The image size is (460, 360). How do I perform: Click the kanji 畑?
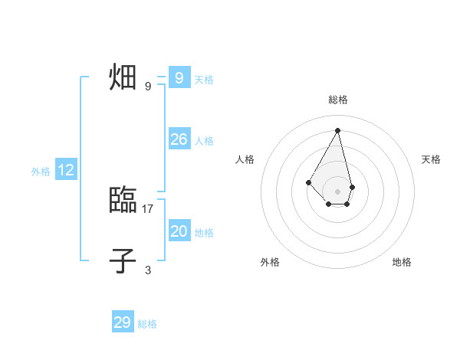(x=123, y=78)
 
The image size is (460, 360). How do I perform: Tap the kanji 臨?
(x=123, y=201)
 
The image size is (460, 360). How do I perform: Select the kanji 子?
(x=123, y=261)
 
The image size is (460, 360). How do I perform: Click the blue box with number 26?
(x=179, y=139)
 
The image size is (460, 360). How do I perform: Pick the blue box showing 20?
(x=179, y=231)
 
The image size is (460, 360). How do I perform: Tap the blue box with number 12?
(x=66, y=170)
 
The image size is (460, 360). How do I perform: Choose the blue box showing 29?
(x=123, y=322)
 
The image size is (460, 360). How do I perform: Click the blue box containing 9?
(x=179, y=78)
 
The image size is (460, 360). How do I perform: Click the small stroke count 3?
(x=148, y=270)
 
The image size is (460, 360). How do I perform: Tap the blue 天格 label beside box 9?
(x=204, y=80)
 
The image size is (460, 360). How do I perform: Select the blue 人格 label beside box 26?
(x=204, y=141)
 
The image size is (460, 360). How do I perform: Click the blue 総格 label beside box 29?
(x=147, y=324)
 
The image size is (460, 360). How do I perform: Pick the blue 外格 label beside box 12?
(x=41, y=172)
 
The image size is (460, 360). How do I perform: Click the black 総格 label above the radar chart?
(x=338, y=100)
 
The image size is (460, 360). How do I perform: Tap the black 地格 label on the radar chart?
(x=402, y=262)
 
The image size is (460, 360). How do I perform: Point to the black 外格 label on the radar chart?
(x=270, y=262)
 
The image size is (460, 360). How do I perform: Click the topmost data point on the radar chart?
(x=338, y=129)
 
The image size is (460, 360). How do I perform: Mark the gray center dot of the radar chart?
(x=338, y=191)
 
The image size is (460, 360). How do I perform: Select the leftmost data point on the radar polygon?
(x=308, y=182)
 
